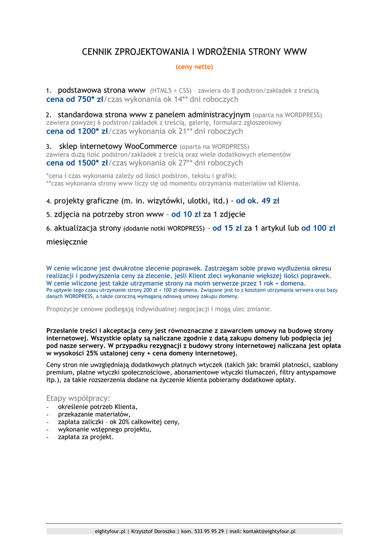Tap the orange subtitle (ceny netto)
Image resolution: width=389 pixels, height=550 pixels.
pos(194,67)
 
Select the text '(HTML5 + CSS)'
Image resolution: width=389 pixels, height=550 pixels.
pos(171,91)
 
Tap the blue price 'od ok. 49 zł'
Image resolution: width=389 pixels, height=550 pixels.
pos(258,201)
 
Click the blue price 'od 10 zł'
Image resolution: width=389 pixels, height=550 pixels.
pos(186,214)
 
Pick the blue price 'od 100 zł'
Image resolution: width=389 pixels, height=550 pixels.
pos(318,228)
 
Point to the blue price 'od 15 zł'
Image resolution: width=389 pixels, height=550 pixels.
pos(227,228)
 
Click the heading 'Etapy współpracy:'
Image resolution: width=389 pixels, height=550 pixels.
pos(78,398)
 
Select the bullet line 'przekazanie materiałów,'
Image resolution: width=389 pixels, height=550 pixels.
pos(94,414)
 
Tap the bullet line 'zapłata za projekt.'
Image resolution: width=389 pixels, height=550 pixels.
pos(85,437)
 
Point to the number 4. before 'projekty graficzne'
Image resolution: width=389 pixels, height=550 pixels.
pos(48,202)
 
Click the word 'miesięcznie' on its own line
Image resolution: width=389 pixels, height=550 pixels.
pos(67,242)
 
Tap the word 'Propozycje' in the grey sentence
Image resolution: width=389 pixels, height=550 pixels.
pos(63,309)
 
